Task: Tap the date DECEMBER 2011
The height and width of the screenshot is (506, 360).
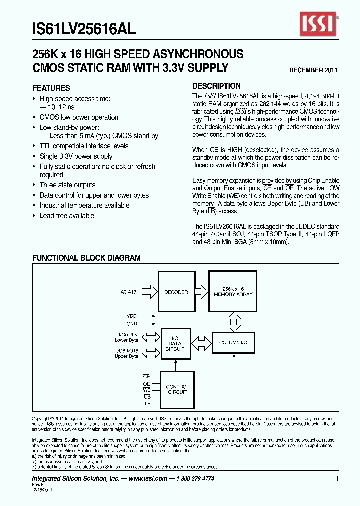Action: (313, 70)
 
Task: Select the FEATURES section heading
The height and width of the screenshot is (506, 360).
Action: (51, 87)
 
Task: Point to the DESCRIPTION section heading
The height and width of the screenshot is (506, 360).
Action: (216, 86)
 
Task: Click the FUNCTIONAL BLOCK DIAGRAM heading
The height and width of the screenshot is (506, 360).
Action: (86, 258)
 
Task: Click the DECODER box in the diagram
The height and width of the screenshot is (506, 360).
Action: (176, 292)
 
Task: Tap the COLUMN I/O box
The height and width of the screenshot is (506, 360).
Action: (233, 343)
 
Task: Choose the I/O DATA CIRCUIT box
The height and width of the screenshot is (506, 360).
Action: (175, 343)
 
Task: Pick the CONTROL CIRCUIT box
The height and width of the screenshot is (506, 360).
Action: (176, 389)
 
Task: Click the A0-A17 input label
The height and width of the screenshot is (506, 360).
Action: (128, 292)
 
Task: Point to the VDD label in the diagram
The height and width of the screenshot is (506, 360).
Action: (131, 316)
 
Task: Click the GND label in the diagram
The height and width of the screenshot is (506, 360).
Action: (131, 324)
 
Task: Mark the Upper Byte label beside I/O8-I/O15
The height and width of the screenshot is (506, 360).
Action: (126, 356)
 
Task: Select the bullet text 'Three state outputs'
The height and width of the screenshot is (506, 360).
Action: (67, 185)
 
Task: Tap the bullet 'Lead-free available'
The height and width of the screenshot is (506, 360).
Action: (67, 216)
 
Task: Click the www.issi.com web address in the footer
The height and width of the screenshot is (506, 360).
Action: (147, 479)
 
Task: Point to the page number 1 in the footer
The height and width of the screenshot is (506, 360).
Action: (337, 479)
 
